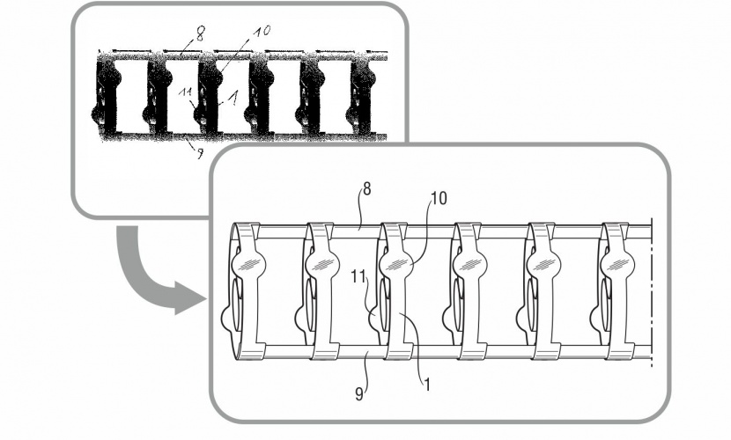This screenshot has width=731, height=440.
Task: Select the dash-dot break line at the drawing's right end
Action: coord(651,290)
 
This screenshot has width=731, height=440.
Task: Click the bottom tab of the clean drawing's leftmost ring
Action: coord(252,355)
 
